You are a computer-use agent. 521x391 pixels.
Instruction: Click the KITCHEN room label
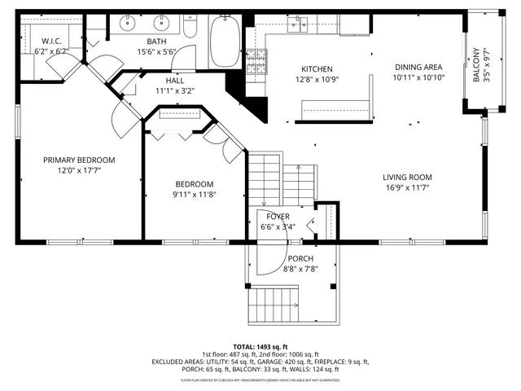pos(317,69)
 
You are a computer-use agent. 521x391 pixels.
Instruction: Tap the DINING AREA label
pos(418,67)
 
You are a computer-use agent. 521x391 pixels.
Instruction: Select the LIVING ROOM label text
pos(408,177)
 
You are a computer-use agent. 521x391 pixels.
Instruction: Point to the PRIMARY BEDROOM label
pos(79,160)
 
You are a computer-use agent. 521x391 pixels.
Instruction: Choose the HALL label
pos(175,81)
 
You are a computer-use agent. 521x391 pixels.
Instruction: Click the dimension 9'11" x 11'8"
pos(194,195)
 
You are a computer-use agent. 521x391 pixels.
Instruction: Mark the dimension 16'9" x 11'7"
pos(408,187)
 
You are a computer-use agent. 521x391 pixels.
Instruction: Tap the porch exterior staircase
pos(272,305)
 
